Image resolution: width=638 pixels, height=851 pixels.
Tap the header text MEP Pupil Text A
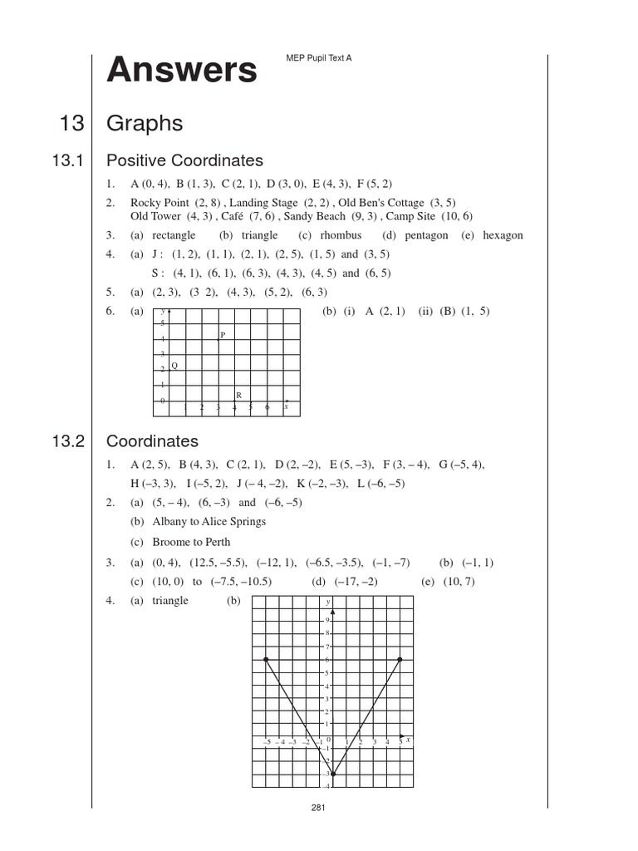pos(318,59)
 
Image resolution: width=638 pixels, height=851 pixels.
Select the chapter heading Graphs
pos(145,124)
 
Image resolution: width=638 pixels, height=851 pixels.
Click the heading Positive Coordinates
pos(184,160)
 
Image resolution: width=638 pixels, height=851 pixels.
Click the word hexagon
pos(503,235)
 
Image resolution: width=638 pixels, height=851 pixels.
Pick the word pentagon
pos(426,235)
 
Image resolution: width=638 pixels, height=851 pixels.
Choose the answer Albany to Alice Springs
pos(209,522)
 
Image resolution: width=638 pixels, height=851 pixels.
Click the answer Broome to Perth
pos(192,542)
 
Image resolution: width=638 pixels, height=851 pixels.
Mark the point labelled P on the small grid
pos(218,337)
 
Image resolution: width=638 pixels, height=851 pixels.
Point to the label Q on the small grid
pos(174,366)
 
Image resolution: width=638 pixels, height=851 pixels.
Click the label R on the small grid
pos(238,396)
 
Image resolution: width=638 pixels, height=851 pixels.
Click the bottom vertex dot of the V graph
pos(333,774)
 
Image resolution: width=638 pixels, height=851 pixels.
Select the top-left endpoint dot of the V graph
pos(266,659)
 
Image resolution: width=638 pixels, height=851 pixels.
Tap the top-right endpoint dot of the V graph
pos(400,659)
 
